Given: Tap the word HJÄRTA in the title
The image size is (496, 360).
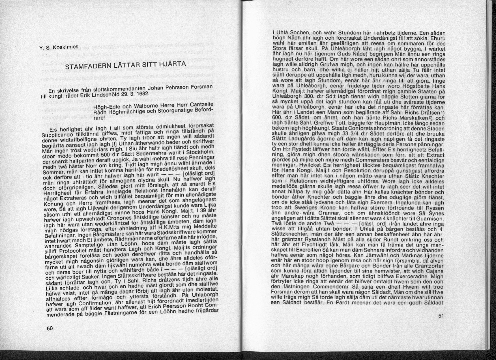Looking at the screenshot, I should point(169,63).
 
